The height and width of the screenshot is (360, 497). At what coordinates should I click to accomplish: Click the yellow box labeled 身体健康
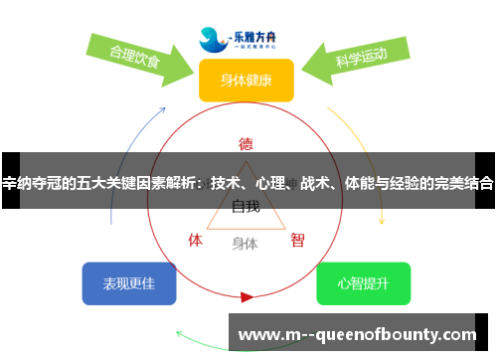click(246, 81)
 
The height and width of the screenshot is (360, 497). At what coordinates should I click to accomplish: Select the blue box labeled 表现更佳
click(129, 283)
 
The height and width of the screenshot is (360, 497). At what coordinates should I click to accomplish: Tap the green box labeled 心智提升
click(363, 283)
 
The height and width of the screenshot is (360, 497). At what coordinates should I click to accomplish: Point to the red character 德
click(246, 142)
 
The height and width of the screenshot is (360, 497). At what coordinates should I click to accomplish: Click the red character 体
click(196, 240)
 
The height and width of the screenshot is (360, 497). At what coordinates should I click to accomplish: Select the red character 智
click(297, 240)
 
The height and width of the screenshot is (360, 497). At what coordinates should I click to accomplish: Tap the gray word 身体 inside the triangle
click(245, 242)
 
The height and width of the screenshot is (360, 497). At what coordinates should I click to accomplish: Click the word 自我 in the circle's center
click(246, 207)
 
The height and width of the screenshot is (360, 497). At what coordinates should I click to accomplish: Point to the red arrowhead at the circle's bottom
click(247, 296)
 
